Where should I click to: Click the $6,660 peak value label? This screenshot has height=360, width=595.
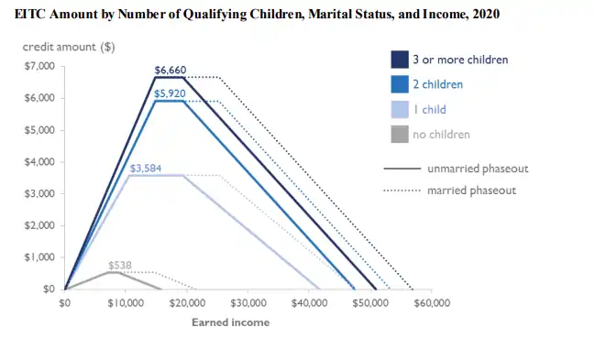pos(171,71)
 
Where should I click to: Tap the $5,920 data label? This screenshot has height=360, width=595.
pos(170,93)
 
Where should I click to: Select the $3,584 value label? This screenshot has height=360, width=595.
pos(146,168)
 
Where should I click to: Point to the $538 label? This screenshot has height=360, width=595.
pos(120,265)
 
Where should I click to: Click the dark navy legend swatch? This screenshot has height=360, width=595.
pos(400,60)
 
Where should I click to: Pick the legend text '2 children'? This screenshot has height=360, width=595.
pos(438,84)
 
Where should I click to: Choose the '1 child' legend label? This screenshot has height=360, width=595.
pos(430,110)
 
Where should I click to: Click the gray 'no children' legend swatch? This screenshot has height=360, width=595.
pos(400,135)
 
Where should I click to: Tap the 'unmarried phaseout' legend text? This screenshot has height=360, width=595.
pos(478,169)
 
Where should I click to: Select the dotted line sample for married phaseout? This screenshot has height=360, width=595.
pos(402,190)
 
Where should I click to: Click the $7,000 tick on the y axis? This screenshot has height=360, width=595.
pos(39,66)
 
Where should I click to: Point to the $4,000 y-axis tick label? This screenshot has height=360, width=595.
pos(39,162)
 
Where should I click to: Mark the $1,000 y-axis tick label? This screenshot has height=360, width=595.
pos(39,257)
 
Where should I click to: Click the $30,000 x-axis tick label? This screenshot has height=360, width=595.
pos(248,303)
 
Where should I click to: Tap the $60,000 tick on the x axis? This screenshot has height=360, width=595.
pos(432,303)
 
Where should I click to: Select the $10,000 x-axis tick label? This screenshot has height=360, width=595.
pos(126,303)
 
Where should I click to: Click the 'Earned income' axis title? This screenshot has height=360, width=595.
pos(231,322)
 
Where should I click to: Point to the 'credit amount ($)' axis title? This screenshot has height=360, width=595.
pos(69,47)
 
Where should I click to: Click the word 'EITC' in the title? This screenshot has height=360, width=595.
pos(30,14)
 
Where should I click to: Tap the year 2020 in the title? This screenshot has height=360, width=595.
pos(486,14)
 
